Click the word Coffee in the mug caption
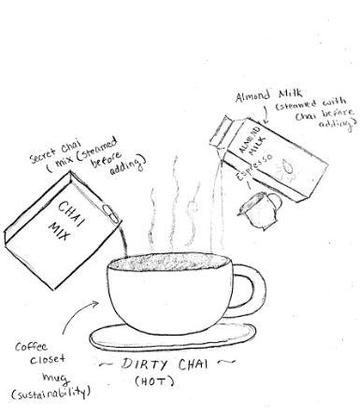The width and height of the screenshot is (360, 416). point(31,347)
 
